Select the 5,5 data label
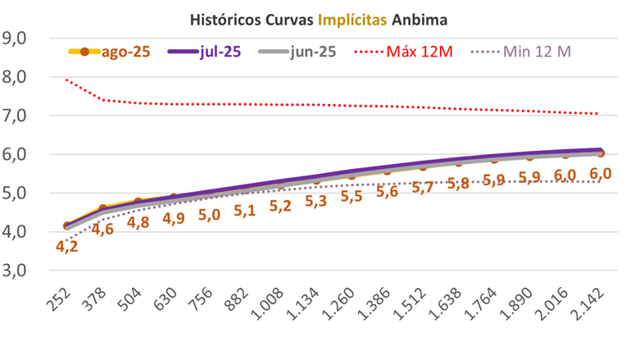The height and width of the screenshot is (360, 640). (352, 197)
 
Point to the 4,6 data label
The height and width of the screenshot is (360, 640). (102, 229)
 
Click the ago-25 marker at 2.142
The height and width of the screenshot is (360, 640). (601, 153)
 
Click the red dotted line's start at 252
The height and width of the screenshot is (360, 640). (66, 80)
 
